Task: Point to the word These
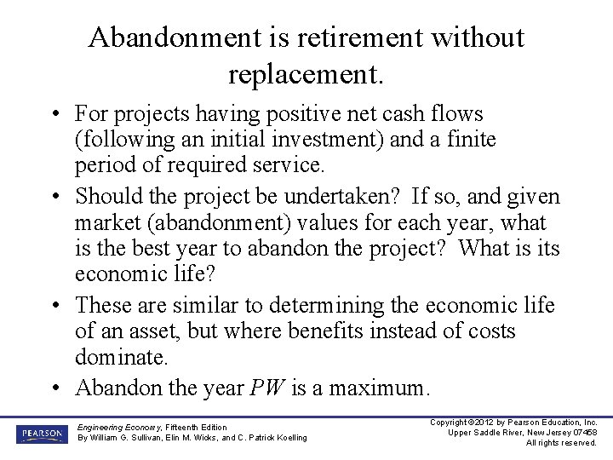(106, 305)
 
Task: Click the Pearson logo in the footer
(40, 434)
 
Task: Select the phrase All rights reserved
(561, 443)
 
